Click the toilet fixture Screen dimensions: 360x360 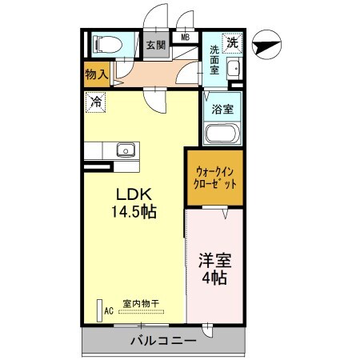click(x=105, y=45)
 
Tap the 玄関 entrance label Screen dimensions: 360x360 click(x=154, y=46)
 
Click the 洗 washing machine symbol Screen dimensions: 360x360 click(x=232, y=42)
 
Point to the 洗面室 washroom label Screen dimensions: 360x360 click(x=214, y=61)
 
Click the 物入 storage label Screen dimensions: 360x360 click(x=96, y=74)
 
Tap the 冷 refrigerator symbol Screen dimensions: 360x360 click(x=95, y=102)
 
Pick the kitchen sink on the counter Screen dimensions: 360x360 click(x=125, y=150)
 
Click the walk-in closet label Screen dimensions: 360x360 click(x=217, y=177)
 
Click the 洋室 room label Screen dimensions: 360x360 click(x=214, y=262)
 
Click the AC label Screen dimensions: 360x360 click(x=108, y=312)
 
